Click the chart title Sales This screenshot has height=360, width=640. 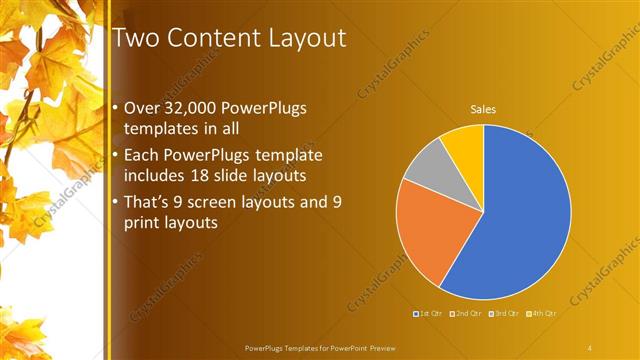click(484, 109)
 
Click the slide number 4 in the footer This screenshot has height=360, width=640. click(590, 347)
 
